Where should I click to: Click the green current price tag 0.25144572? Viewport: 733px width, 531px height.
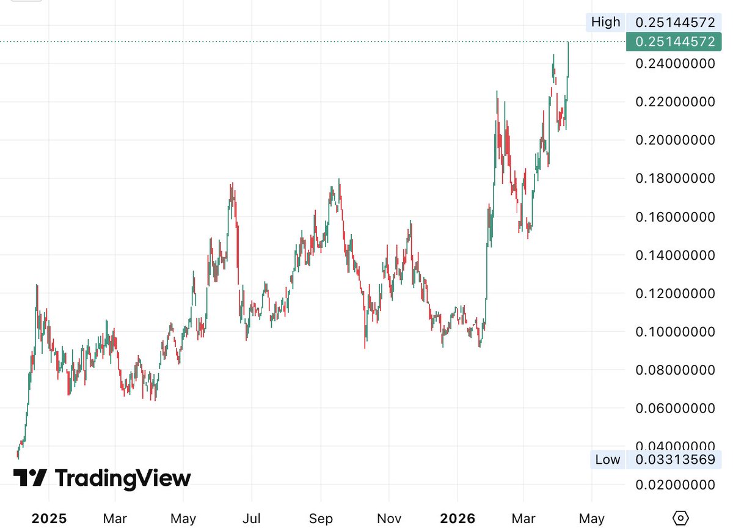pos(674,42)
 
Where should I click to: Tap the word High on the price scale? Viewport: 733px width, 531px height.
pos(605,23)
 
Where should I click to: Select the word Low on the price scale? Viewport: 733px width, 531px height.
pos(607,460)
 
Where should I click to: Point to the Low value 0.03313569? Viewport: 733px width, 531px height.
pos(674,460)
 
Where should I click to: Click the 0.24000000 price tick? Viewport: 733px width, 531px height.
pos(674,64)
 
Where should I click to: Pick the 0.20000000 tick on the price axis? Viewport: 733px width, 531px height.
pos(674,140)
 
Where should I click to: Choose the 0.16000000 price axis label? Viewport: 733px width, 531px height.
pos(674,217)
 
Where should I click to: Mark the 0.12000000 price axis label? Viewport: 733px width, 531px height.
pos(674,294)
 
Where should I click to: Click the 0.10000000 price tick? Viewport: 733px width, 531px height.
pos(674,332)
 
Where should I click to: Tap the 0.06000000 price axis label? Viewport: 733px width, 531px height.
pos(674,408)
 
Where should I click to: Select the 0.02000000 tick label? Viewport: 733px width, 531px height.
pos(674,485)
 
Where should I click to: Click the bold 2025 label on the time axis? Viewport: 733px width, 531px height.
pos(49,519)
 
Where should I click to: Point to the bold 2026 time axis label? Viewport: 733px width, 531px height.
pos(458,519)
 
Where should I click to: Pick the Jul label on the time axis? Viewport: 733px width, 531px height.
pos(252,519)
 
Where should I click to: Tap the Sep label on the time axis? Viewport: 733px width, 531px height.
pos(321,519)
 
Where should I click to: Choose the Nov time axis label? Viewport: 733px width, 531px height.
pos(389,519)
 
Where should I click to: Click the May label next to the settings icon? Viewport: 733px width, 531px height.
pos(591,519)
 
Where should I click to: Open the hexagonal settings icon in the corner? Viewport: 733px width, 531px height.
pos(680,518)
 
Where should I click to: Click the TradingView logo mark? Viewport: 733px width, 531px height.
pos(30,478)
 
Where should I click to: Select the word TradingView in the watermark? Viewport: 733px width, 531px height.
pos(123,478)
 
